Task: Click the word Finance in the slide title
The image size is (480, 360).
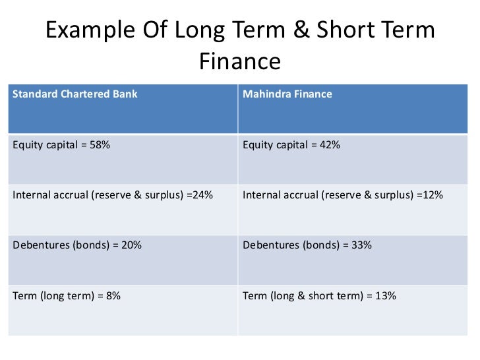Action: [239, 61]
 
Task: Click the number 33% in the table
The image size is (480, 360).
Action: [362, 245]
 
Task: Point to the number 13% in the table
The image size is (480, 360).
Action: [385, 296]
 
